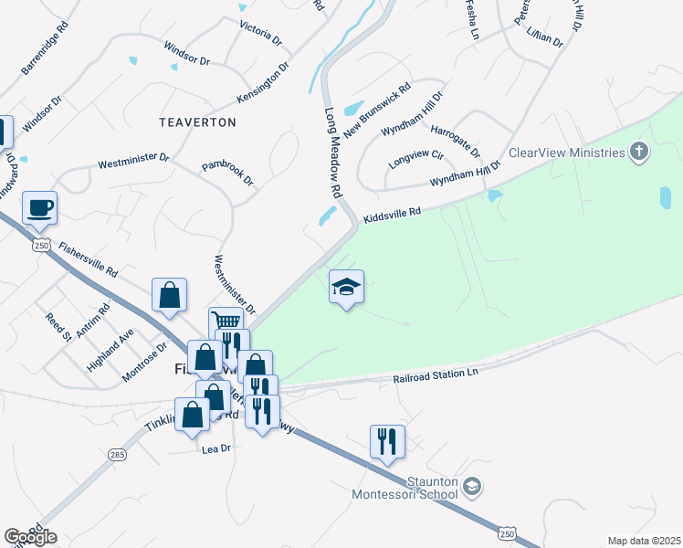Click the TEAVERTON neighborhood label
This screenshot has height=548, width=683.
[197, 121]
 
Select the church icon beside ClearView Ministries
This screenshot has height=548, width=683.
[640, 152]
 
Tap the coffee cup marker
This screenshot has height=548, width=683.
[39, 208]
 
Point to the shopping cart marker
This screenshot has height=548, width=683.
[226, 321]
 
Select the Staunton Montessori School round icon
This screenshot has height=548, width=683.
[471, 485]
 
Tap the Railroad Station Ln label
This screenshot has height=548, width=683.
[436, 375]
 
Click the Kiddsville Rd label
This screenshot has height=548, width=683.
[392, 216]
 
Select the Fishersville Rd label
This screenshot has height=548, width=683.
[89, 259]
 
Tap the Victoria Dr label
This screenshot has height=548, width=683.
[260, 30]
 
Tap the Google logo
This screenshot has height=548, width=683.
[30, 536]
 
